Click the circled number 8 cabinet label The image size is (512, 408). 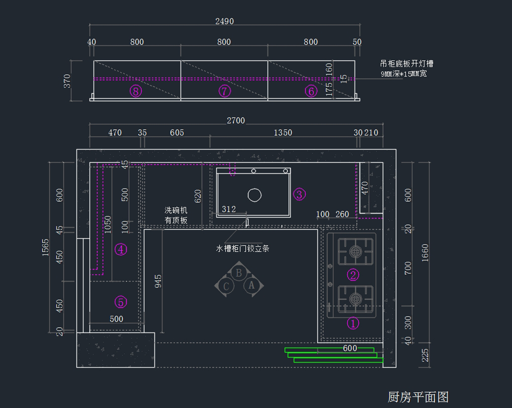136,91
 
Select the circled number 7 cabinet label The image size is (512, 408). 224,91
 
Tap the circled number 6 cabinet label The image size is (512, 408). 311,91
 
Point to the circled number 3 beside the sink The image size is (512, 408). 299,194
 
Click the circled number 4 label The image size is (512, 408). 121,249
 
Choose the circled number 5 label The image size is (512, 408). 121,302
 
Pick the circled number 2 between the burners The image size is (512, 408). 353,275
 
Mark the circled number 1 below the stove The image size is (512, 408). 353,323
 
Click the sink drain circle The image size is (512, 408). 255,195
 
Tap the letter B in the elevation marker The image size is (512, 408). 239,273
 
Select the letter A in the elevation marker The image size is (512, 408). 251,285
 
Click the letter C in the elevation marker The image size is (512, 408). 227,286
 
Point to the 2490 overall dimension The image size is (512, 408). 225,21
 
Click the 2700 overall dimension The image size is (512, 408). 236,121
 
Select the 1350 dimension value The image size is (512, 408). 283,133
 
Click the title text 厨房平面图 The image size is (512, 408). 418,397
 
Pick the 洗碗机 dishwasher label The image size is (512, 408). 176,211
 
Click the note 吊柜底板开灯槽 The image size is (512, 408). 407,64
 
